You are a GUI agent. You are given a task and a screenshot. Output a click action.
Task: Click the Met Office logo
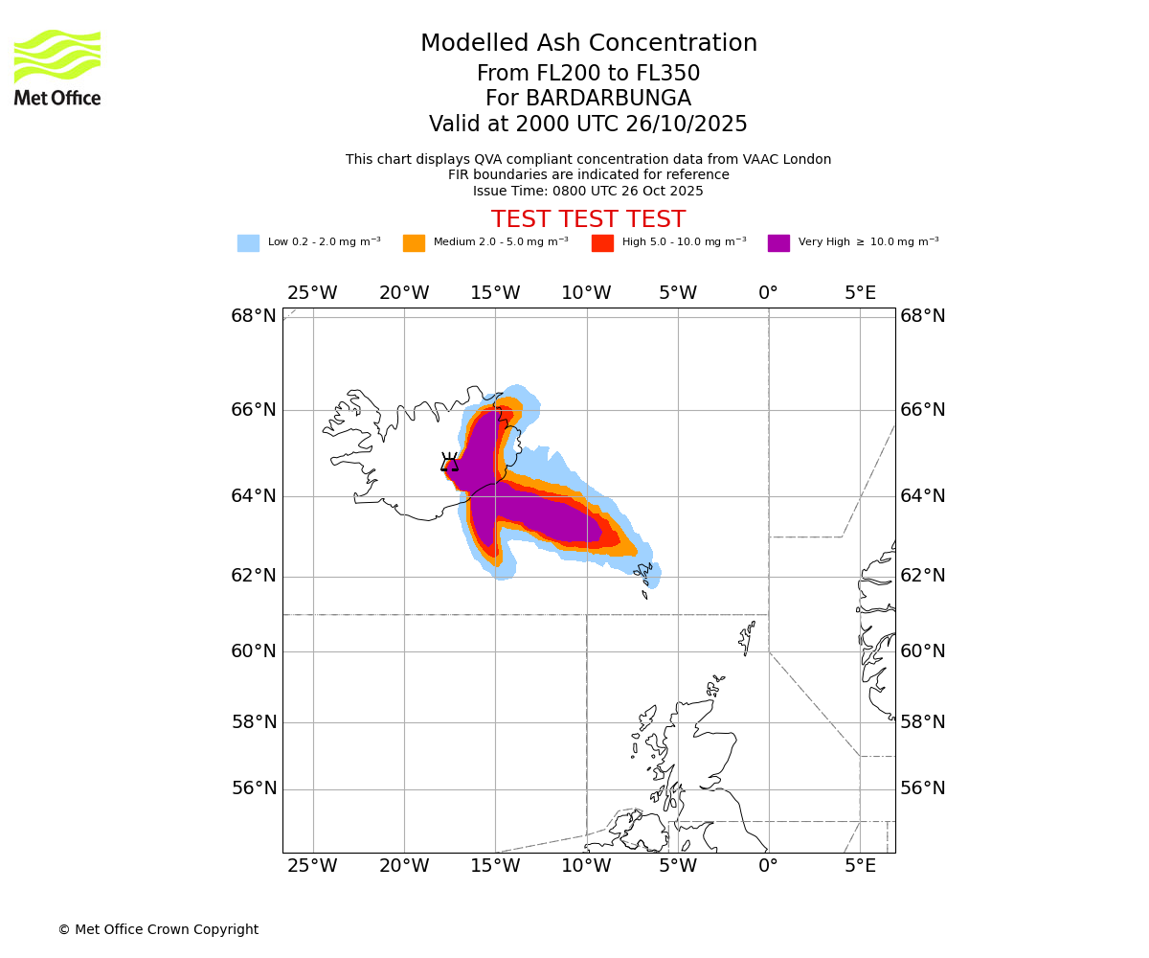tap(57, 67)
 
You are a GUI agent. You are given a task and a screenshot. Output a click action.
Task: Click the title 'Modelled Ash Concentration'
tap(588, 43)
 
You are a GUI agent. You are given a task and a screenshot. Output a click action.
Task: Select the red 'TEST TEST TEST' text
tap(588, 219)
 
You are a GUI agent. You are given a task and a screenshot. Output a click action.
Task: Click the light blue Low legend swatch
tap(248, 243)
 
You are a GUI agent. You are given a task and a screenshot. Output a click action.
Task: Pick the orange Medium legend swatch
tap(414, 243)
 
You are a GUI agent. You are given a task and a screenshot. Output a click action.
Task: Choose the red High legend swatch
tap(602, 243)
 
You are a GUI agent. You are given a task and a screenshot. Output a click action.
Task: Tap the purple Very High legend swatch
tap(778, 243)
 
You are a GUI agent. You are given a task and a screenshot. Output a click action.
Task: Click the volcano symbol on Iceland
tap(449, 463)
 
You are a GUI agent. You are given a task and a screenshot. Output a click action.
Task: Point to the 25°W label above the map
tap(312, 293)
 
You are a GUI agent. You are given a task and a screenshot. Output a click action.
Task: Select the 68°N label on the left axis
tap(253, 316)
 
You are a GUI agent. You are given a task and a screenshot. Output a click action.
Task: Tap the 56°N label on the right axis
tap(923, 788)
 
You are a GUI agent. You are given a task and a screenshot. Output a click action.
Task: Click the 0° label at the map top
tap(768, 293)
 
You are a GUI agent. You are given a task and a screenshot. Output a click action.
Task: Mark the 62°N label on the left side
tap(253, 576)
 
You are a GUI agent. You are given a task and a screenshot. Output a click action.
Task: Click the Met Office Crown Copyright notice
tap(158, 929)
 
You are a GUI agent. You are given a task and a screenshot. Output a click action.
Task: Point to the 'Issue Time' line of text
tap(588, 191)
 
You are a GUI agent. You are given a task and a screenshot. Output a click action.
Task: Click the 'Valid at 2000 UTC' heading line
tap(588, 125)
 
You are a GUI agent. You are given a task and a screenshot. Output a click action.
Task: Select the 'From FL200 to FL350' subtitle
tap(588, 74)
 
